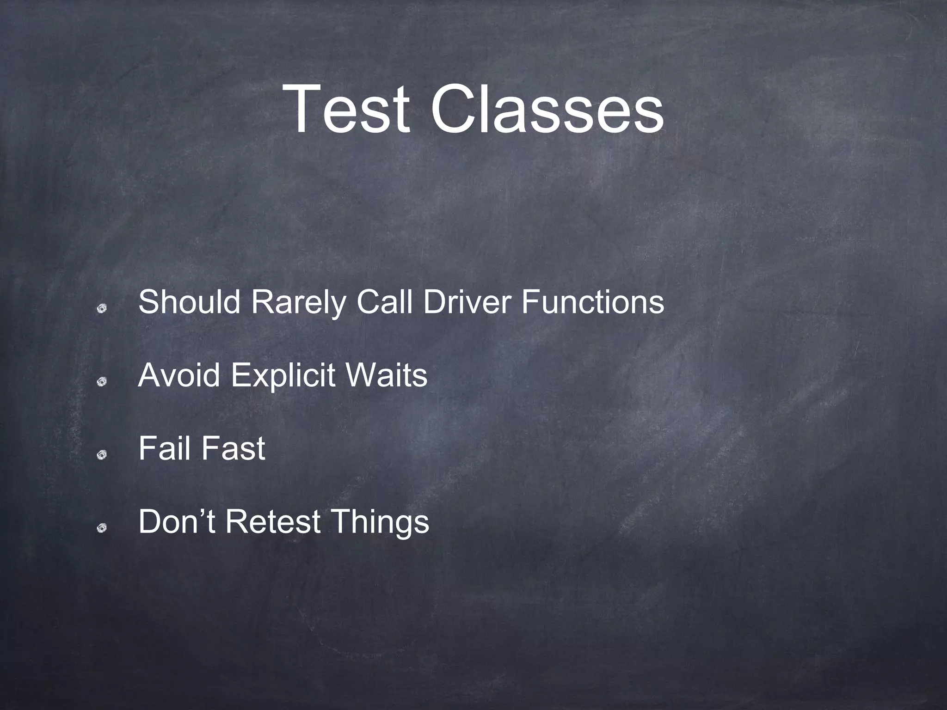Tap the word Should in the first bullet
(189, 302)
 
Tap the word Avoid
(179, 375)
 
